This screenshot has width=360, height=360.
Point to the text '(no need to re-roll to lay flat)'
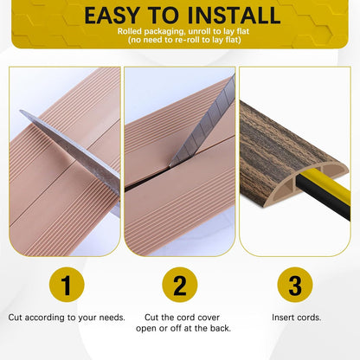coord(179,41)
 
